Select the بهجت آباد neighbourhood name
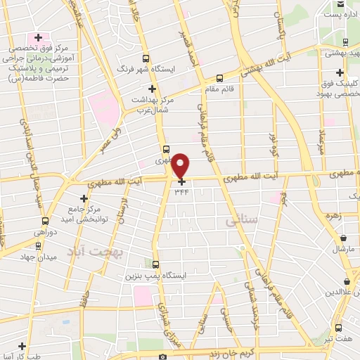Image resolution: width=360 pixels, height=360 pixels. tap(98, 250)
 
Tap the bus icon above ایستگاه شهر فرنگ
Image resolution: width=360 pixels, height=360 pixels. tap(146, 59)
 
